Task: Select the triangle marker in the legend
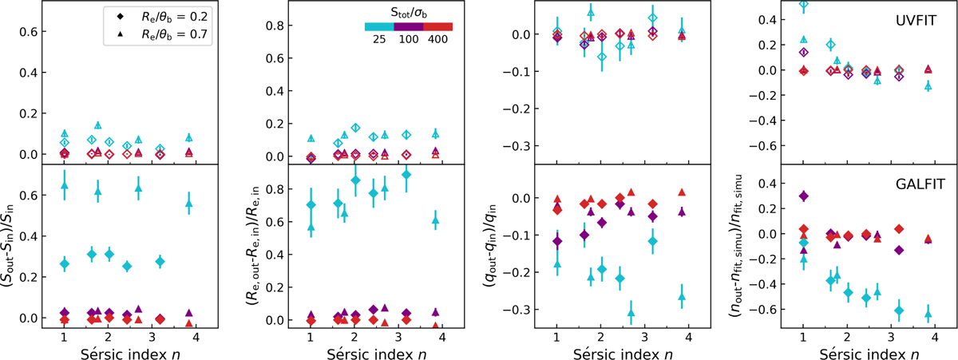pos(113,34)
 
